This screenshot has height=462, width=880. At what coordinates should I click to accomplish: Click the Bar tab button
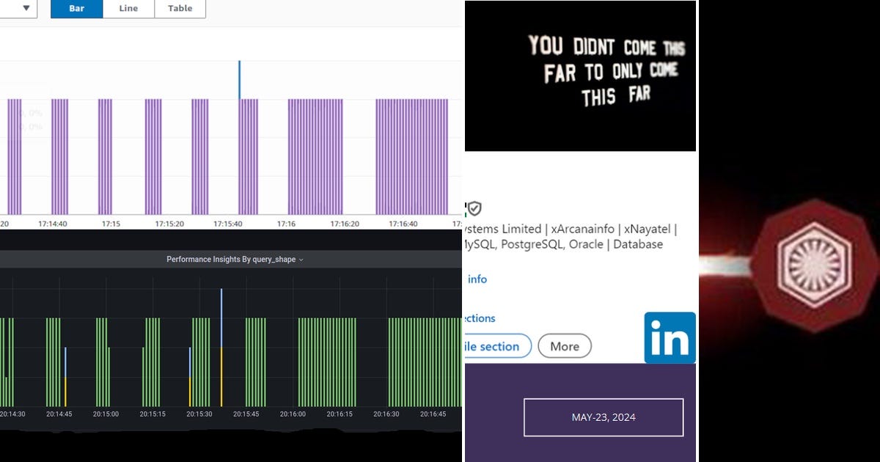[x=76, y=8]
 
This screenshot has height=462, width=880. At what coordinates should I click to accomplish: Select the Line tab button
[x=128, y=8]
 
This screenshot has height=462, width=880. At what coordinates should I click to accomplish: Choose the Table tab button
[x=180, y=8]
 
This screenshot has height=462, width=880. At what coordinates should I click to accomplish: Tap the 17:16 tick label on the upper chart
[x=286, y=224]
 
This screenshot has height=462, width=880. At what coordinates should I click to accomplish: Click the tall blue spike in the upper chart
[x=239, y=79]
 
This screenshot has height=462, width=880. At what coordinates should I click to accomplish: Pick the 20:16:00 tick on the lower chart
[x=293, y=414]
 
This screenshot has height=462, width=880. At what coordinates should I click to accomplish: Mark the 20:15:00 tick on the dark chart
[x=106, y=414]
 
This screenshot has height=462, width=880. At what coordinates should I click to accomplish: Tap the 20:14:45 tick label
[x=59, y=414]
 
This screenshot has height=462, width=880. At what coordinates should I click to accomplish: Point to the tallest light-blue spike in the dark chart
[x=221, y=315]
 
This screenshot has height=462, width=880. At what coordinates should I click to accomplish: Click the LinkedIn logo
[x=670, y=337]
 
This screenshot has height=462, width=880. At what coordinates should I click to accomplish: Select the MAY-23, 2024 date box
[x=604, y=417]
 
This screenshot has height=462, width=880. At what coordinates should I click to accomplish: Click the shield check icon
[x=475, y=209]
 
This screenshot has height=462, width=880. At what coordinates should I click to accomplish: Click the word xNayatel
[x=648, y=229]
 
